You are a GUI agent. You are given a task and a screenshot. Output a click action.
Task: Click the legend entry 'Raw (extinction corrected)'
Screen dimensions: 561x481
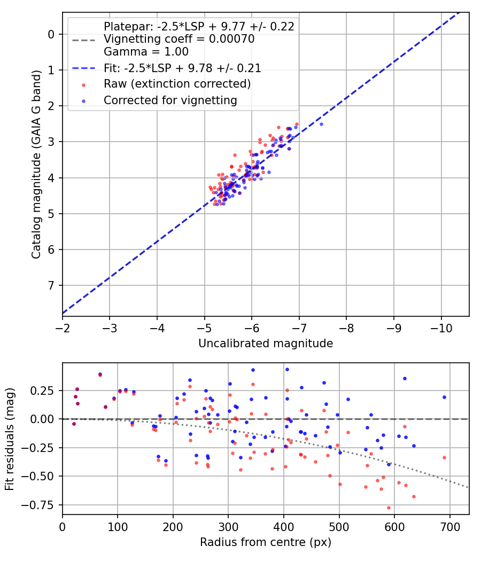pos(177,84)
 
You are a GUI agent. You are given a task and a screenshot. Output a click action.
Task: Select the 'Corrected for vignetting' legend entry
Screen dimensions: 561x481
pos(170,100)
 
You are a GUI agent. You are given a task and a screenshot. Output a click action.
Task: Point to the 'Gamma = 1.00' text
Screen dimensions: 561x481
pos(146,52)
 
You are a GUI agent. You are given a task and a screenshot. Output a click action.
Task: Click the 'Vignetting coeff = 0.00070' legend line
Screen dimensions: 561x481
pos(179,39)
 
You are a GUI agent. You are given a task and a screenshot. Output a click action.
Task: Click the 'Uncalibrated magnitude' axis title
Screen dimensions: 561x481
pos(266,344)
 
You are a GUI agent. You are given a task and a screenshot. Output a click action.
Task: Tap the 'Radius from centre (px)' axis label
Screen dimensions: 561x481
pos(266,542)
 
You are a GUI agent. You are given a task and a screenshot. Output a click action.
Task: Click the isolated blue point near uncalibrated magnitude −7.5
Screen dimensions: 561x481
pos(321,124)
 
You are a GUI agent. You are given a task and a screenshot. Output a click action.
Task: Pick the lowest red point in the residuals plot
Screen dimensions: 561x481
pos(389,508)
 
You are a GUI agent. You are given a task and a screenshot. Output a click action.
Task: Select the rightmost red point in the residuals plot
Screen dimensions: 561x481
pos(444,457)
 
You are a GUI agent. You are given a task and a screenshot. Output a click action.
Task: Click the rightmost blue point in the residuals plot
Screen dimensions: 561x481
pos(444,397)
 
